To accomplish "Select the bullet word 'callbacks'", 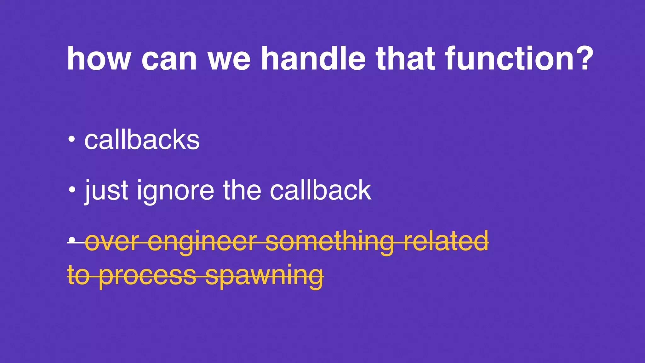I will pyautogui.click(x=142, y=140).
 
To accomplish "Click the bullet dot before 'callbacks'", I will pyautogui.click(x=72, y=139).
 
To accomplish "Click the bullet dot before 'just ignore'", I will pyautogui.click(x=72, y=190).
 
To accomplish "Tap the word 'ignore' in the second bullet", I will pyautogui.click(x=175, y=190).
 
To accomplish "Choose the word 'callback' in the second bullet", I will pyautogui.click(x=321, y=190).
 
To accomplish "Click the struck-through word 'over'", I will pyautogui.click(x=112, y=241).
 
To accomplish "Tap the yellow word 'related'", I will pyautogui.click(x=446, y=241).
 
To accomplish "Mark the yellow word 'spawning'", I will pyautogui.click(x=265, y=275).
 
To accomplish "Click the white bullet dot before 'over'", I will pyautogui.click(x=72, y=240).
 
